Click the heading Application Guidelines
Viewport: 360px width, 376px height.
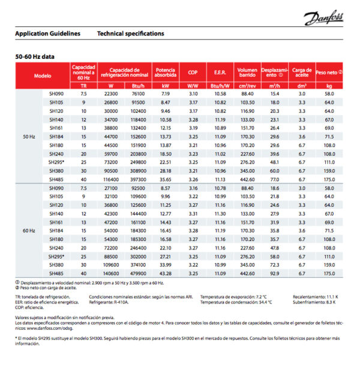point(47,34)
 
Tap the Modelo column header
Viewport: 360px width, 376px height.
point(43,76)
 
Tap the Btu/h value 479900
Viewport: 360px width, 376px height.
point(138,273)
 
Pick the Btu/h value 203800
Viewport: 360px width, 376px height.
point(138,154)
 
